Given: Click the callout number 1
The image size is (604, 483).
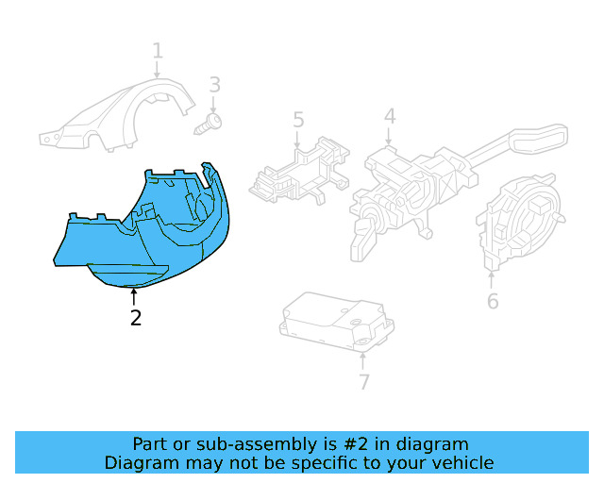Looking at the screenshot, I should tap(158, 50).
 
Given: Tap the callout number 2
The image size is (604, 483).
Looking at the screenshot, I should tap(136, 319).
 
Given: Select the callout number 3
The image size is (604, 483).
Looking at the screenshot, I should tap(214, 86).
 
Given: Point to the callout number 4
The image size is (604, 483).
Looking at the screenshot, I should tap(389, 116).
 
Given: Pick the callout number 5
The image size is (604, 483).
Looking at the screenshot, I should tap(298, 120).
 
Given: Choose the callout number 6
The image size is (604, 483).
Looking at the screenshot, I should tap(493, 302).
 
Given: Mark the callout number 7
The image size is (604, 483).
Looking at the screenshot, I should tap(364, 381).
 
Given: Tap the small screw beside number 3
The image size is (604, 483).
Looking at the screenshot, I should tap(210, 123).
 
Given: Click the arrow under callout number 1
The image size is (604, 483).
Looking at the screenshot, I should tap(158, 70).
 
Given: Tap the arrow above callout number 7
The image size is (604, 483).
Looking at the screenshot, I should tap(364, 360).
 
